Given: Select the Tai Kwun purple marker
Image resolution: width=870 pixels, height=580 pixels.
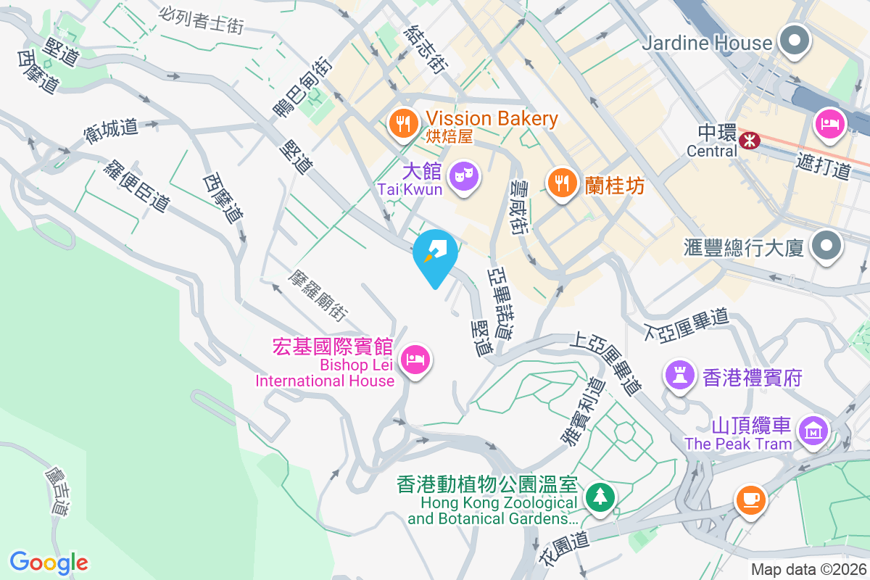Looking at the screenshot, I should click(x=463, y=176).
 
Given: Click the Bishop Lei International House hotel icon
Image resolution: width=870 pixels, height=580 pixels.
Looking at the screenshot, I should click(x=415, y=358).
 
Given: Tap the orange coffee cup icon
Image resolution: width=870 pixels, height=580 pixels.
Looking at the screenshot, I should click(x=750, y=499).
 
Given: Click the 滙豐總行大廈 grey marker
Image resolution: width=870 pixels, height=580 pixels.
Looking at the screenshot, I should click(x=826, y=245).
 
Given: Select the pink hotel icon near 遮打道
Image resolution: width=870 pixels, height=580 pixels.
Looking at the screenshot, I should click(x=829, y=123).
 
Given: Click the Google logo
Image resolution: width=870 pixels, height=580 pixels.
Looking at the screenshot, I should click(x=49, y=562).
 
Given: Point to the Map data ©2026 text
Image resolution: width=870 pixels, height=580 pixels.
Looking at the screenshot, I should click(x=809, y=570).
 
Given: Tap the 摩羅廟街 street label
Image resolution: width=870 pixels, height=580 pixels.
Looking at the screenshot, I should click(x=318, y=297).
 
